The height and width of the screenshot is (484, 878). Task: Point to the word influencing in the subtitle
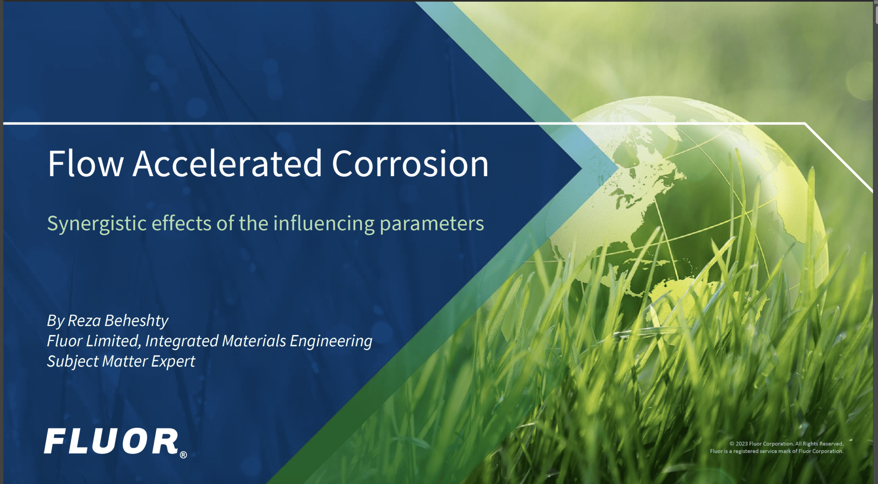(324, 224)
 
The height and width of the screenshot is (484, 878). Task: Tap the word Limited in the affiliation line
(113, 341)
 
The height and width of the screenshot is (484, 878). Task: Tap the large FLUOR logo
(111, 441)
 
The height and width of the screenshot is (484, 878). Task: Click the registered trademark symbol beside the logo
(183, 455)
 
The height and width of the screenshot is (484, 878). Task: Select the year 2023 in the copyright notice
(742, 444)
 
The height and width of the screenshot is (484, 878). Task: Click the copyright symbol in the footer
(732, 444)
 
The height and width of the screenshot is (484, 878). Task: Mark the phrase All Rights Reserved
(819, 444)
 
